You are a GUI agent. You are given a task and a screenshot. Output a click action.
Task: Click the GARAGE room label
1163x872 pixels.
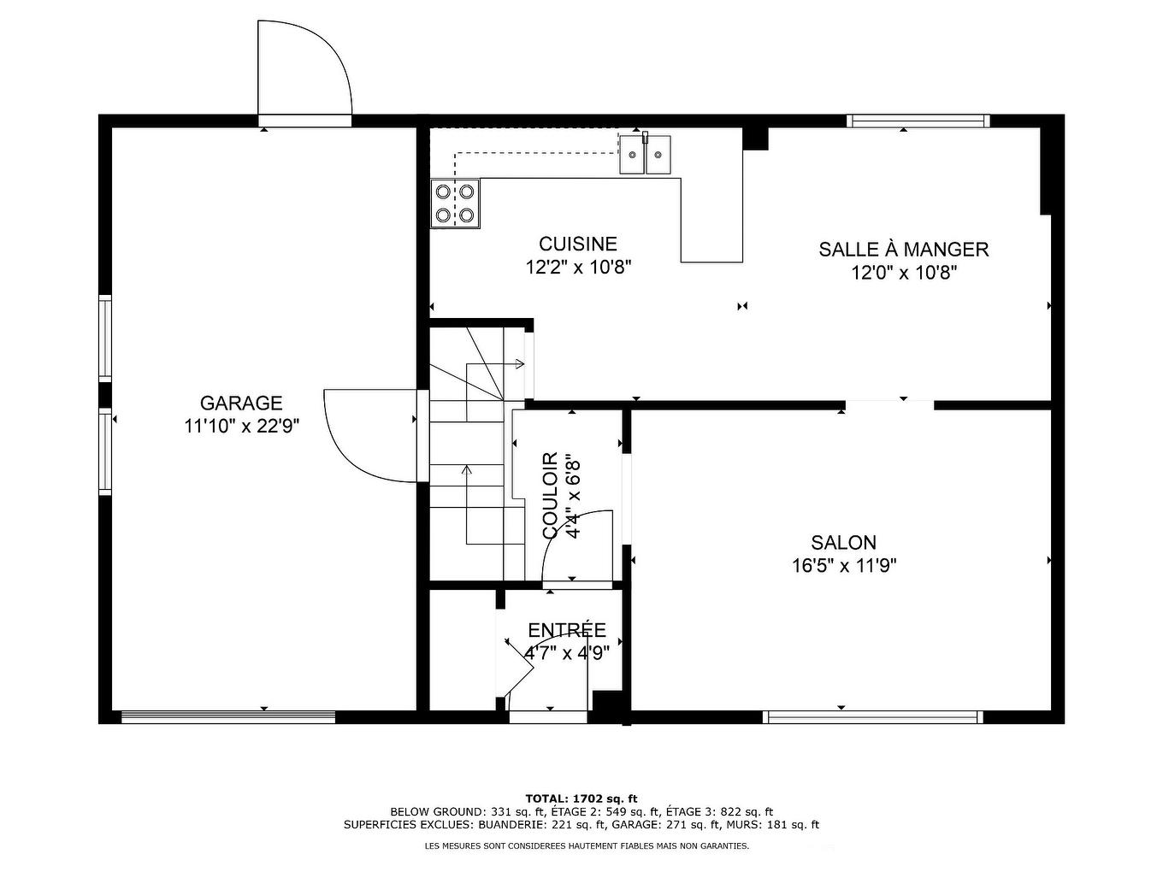point(241,403)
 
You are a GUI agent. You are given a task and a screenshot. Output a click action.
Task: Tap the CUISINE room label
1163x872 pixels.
point(577,245)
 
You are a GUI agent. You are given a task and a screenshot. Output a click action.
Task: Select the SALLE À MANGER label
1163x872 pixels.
point(903,250)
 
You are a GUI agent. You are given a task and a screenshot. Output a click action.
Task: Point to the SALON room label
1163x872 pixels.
point(843,543)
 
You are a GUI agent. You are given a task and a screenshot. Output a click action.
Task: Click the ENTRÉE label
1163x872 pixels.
point(566,631)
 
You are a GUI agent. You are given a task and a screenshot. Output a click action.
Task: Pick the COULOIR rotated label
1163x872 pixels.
point(551,495)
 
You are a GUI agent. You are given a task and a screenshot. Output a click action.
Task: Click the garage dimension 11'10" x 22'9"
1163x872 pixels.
point(241,426)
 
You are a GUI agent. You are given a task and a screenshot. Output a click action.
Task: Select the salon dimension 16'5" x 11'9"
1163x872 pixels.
point(843,565)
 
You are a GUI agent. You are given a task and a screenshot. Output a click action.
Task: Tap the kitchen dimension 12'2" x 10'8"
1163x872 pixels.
point(577,268)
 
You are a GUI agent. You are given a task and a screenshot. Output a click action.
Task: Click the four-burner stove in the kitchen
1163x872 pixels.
point(455,203)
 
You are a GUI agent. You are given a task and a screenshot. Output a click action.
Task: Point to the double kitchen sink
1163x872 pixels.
point(645,155)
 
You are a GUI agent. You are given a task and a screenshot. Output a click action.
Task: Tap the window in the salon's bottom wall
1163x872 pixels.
point(872,717)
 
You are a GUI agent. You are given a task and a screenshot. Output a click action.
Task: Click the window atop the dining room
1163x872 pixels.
point(918,121)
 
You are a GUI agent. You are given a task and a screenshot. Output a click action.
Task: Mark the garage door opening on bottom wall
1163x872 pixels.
point(228,717)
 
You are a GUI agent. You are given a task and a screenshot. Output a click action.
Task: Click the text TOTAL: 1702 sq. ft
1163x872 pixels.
point(581,798)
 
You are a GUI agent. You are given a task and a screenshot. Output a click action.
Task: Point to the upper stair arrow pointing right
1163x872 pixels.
point(513,364)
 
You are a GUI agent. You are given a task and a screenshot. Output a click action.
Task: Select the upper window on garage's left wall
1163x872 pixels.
point(105,337)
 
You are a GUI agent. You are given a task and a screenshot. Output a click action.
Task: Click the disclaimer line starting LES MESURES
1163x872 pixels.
point(587,846)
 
